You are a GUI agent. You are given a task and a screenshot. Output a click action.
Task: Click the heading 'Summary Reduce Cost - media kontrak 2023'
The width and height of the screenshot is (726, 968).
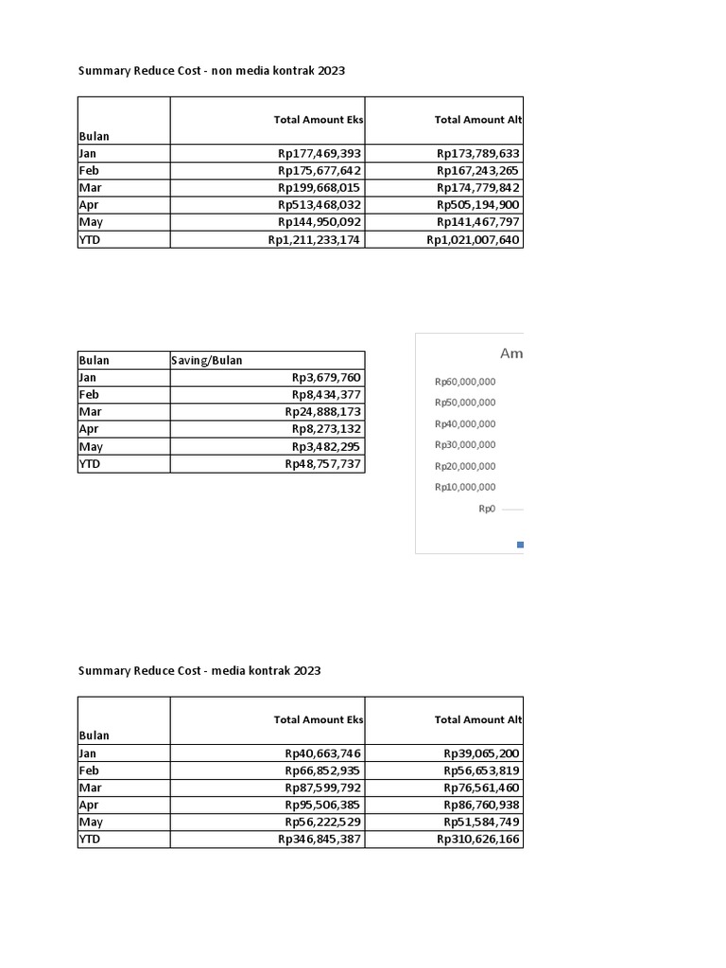click(x=199, y=671)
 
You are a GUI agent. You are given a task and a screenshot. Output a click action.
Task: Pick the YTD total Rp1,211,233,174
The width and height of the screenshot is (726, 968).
click(x=314, y=240)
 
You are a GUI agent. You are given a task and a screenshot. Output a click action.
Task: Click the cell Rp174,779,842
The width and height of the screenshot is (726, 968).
click(x=478, y=188)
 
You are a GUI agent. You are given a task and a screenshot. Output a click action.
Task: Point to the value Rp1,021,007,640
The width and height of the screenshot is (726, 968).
click(x=473, y=240)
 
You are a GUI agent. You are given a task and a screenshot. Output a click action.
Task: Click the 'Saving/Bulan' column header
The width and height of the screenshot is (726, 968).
click(x=213, y=360)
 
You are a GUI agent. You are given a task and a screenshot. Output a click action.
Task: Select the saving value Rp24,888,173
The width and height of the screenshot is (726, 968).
click(x=323, y=412)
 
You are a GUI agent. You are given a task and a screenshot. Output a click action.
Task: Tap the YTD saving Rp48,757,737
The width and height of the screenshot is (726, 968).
click(x=323, y=464)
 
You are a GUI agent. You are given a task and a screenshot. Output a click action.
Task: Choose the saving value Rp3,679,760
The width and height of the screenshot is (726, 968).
click(x=327, y=377)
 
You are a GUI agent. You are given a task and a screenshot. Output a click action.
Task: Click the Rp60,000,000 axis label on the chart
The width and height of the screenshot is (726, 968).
click(x=465, y=382)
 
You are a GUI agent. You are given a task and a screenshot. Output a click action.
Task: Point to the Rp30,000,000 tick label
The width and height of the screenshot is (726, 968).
click(x=465, y=445)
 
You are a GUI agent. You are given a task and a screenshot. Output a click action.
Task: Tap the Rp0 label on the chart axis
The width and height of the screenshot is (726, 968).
click(x=487, y=509)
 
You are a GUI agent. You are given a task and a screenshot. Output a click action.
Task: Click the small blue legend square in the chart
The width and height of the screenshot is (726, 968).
click(x=520, y=544)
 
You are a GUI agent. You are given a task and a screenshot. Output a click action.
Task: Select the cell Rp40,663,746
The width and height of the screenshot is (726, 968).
click(x=323, y=753)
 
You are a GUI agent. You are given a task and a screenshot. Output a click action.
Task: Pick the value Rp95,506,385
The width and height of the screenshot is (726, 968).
click(x=323, y=805)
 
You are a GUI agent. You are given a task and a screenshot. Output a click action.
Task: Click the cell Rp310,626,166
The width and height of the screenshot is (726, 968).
click(x=478, y=839)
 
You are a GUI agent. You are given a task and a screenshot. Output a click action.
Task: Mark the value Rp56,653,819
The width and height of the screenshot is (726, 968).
click(x=481, y=770)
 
